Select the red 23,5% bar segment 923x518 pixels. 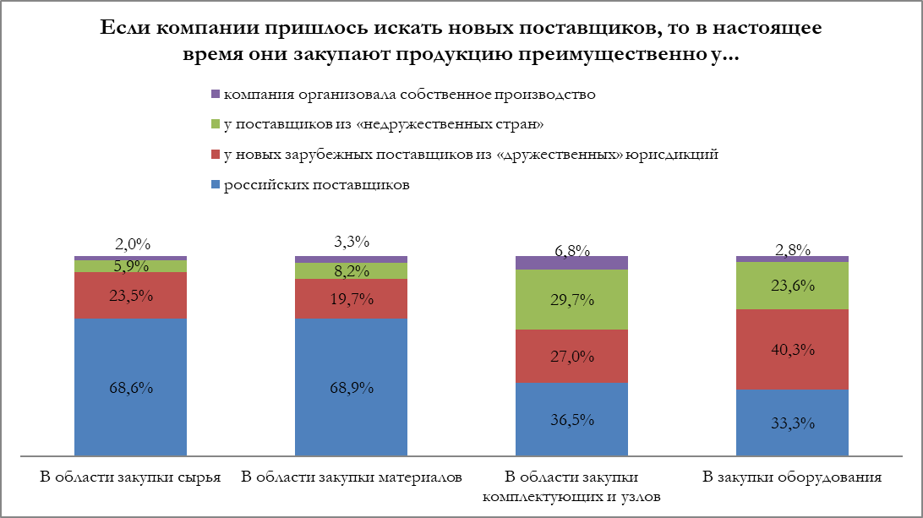tap(130, 295)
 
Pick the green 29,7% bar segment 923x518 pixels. tap(571, 299)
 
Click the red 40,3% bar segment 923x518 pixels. tap(792, 349)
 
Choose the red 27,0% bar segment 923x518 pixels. tap(571, 356)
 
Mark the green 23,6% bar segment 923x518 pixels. tap(792, 286)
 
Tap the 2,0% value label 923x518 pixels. tap(132, 245)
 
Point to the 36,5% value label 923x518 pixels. tap(572, 420)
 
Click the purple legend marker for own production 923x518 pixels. tap(214, 94)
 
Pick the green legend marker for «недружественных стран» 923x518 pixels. tap(214, 124)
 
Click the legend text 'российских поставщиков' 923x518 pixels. tap(316, 185)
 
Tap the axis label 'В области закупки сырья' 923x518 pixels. tap(131, 477)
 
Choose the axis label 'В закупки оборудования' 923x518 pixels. tap(792, 477)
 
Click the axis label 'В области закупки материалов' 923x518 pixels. tap(352, 477)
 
